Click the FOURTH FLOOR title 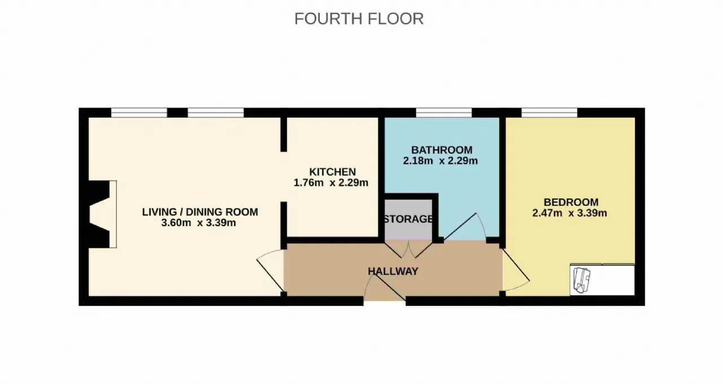(x=359, y=19)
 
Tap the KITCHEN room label (x=333, y=171)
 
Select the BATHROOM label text (x=442, y=150)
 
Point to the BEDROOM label (x=571, y=202)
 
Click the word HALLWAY (x=393, y=271)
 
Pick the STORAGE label (x=408, y=219)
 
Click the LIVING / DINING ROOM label (x=200, y=212)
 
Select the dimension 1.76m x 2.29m (x=331, y=183)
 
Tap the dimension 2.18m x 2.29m (x=440, y=161)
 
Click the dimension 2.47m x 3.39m (x=569, y=213)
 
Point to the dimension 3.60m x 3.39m (x=198, y=223)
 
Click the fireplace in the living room (x=103, y=214)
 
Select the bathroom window (x=444, y=113)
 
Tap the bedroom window (x=549, y=113)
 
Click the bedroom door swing (x=516, y=269)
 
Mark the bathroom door (x=465, y=227)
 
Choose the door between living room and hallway (x=271, y=270)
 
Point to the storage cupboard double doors (x=408, y=249)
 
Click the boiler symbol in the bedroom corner (x=581, y=281)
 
